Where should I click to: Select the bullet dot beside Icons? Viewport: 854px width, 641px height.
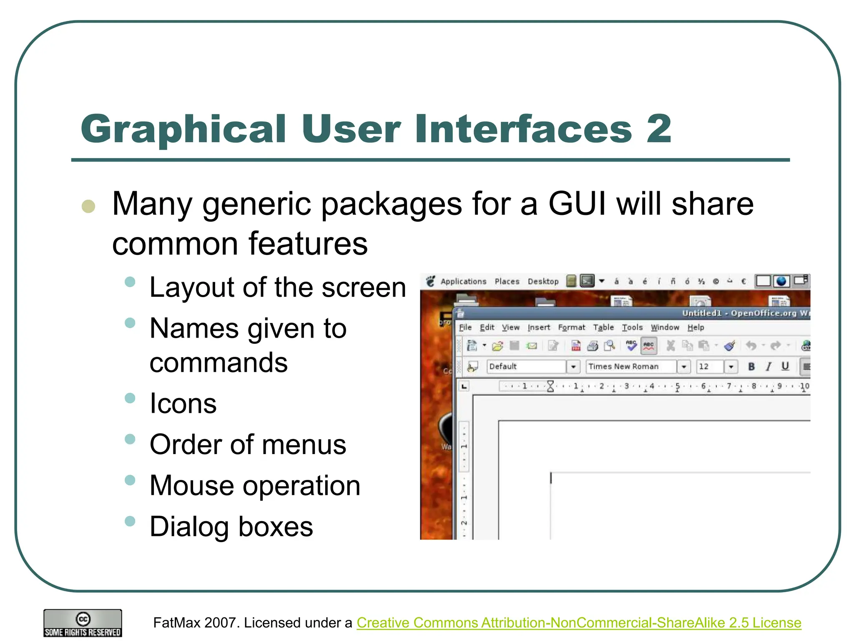click(x=130, y=398)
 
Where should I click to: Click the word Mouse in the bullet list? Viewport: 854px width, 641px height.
click(x=192, y=486)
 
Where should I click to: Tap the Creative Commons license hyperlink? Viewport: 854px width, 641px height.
click(x=579, y=623)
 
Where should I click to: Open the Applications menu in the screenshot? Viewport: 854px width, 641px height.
click(x=463, y=282)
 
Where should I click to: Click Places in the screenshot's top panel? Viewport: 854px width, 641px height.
click(x=507, y=282)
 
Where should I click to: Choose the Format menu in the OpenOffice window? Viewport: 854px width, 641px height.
click(x=571, y=328)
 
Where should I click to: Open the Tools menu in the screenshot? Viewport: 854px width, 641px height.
click(x=632, y=328)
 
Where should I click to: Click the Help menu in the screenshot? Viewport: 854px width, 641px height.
click(x=696, y=328)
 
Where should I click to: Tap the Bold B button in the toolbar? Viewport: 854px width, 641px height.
click(x=751, y=366)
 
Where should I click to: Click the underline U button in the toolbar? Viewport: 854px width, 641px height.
click(x=785, y=366)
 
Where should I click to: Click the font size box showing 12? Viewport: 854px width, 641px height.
click(x=709, y=366)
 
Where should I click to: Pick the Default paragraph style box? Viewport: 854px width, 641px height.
click(x=526, y=366)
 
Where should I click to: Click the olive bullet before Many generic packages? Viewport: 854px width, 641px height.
click(x=88, y=206)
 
